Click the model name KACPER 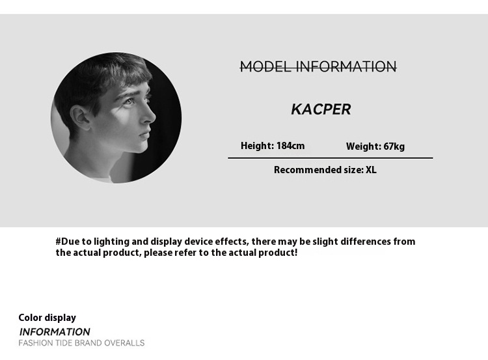321,109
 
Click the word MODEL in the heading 265,66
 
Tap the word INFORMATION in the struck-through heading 346,66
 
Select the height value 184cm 290,146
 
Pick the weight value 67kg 394,146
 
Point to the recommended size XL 371,170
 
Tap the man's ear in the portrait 79,117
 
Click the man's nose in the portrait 150,115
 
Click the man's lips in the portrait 144,135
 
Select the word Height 256,146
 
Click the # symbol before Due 59,242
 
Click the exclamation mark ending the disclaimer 295,252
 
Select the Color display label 47,318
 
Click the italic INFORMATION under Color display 55,331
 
